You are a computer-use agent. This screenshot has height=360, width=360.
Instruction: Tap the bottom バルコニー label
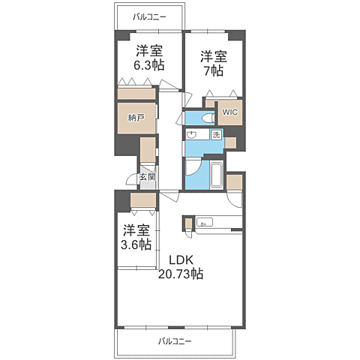pos(175,341)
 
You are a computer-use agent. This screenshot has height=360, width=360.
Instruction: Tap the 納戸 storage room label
pos(135,118)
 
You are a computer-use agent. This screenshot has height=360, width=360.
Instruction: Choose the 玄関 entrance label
pos(147,178)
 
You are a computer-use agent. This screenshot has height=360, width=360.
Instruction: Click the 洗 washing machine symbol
pos(216,135)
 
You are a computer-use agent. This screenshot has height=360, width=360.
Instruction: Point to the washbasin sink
pos(193,135)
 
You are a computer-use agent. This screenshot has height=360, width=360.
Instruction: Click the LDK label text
pos(180,260)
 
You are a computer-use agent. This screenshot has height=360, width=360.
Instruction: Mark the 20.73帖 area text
pos(180,274)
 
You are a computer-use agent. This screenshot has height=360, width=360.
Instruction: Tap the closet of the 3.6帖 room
pos(142,200)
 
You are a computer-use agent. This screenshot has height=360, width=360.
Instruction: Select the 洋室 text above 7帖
pos(213,55)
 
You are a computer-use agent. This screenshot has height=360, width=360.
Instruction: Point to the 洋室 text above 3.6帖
pos(135,229)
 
